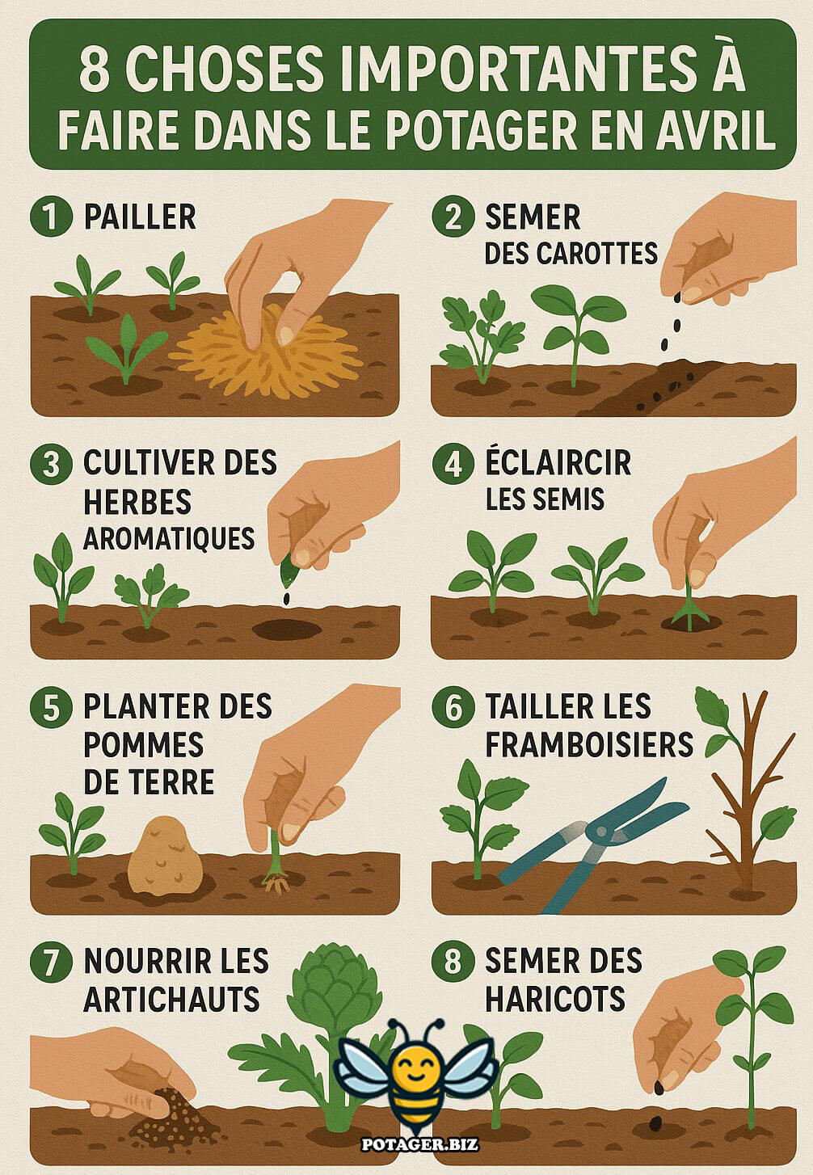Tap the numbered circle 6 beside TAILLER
tap(453, 707)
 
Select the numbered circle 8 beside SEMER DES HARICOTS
tap(453, 961)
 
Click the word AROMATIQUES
tap(169, 538)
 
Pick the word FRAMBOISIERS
tap(589, 744)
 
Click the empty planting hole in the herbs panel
tap(286, 629)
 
